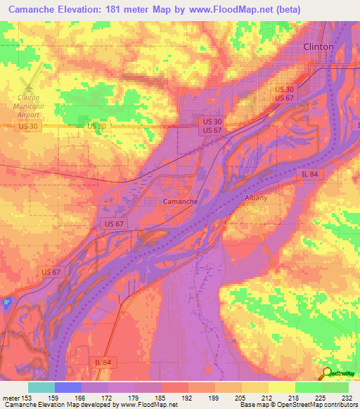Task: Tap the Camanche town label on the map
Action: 180,201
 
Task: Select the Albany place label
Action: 256,198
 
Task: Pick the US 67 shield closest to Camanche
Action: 112,223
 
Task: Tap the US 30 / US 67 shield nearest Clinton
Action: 285,93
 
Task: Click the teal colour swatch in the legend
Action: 41,387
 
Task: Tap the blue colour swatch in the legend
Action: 68,387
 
